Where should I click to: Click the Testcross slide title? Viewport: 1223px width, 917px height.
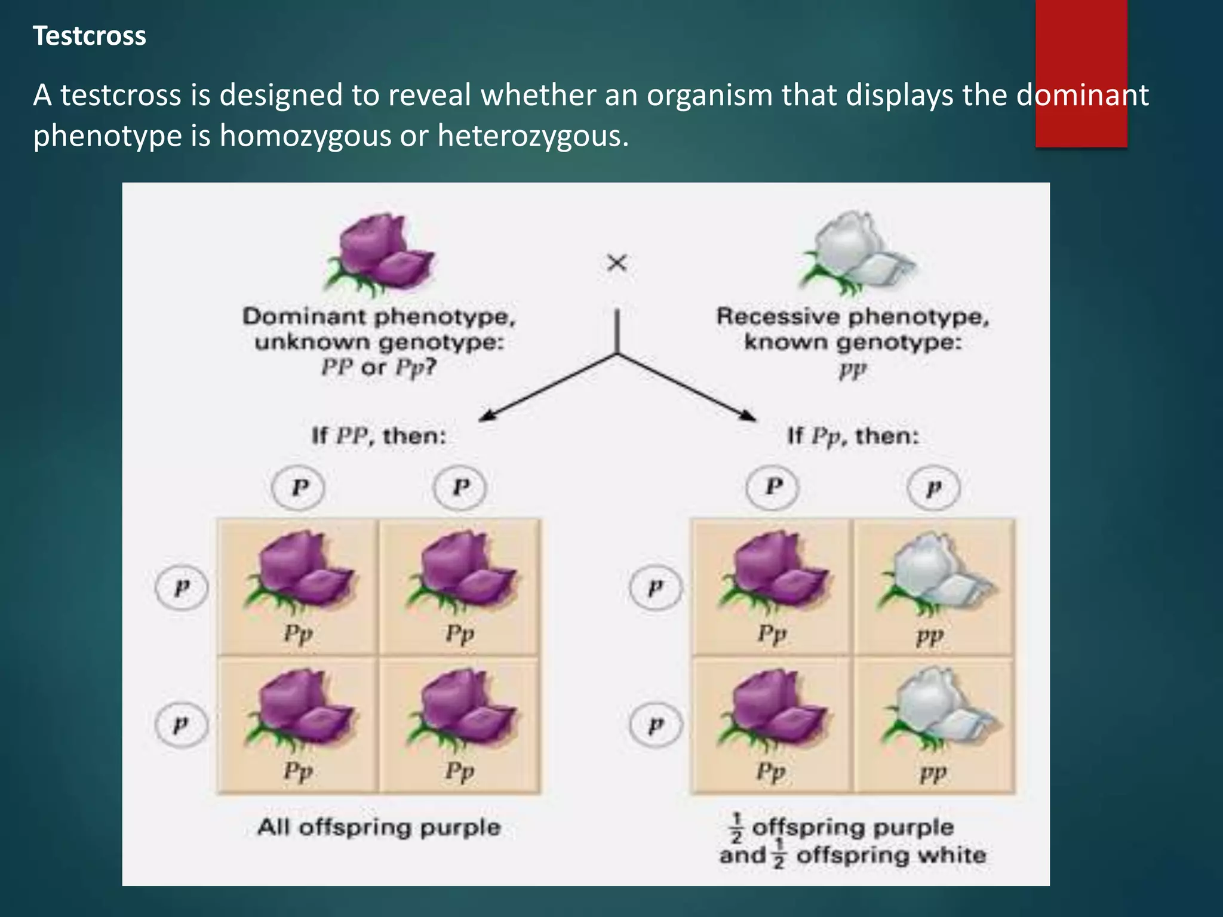pos(89,36)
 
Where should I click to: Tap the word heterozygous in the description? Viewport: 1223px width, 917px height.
pos(533,136)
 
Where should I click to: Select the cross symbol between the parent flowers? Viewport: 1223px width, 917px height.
pos(617,263)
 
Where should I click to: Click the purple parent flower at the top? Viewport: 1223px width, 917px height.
pos(379,254)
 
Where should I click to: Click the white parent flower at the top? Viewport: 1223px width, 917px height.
pos(854,254)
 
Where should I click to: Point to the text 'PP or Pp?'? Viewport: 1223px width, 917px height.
pos(379,367)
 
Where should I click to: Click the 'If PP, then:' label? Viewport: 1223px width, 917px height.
pos(379,436)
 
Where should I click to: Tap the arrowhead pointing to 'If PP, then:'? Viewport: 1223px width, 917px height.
pos(487,416)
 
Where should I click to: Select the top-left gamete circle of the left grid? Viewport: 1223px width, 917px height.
pos(298,488)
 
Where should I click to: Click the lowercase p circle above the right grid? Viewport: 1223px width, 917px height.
pos(933,488)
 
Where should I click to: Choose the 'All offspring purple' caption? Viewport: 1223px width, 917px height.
pos(379,827)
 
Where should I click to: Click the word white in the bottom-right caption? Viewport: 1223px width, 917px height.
pos(951,856)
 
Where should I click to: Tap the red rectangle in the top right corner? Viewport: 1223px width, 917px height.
pos(1081,73)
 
